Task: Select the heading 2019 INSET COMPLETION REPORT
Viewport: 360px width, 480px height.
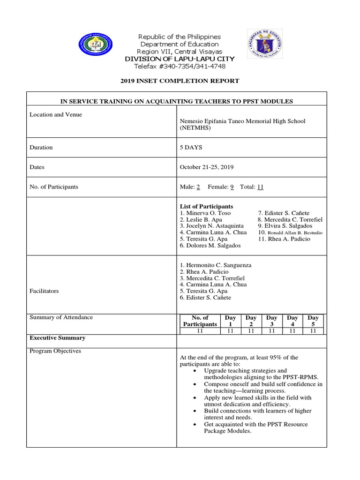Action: tap(180, 81)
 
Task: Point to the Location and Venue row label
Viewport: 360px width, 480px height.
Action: tap(56, 115)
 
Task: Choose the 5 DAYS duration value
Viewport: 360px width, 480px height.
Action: tap(191, 147)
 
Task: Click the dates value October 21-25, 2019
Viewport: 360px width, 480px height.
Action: tap(207, 167)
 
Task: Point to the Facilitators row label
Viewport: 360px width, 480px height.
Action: tap(45, 291)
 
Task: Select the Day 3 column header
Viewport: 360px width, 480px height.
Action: tap(271, 321)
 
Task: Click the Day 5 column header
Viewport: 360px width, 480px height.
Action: tap(313, 321)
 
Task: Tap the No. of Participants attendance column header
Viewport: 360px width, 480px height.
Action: tap(200, 321)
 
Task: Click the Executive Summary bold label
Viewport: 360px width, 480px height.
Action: tap(57, 338)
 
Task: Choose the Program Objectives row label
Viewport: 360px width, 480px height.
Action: tap(56, 351)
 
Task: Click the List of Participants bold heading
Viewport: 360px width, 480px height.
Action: tap(206, 207)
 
